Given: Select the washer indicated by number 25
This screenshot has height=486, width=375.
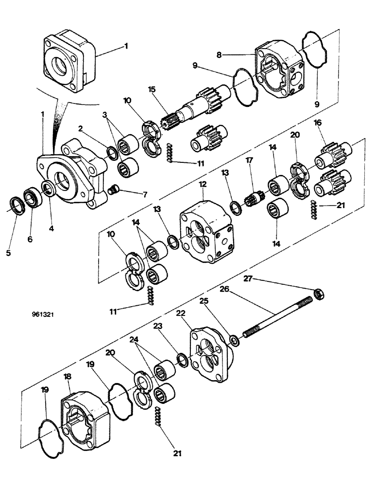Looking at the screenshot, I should tap(234, 340).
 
